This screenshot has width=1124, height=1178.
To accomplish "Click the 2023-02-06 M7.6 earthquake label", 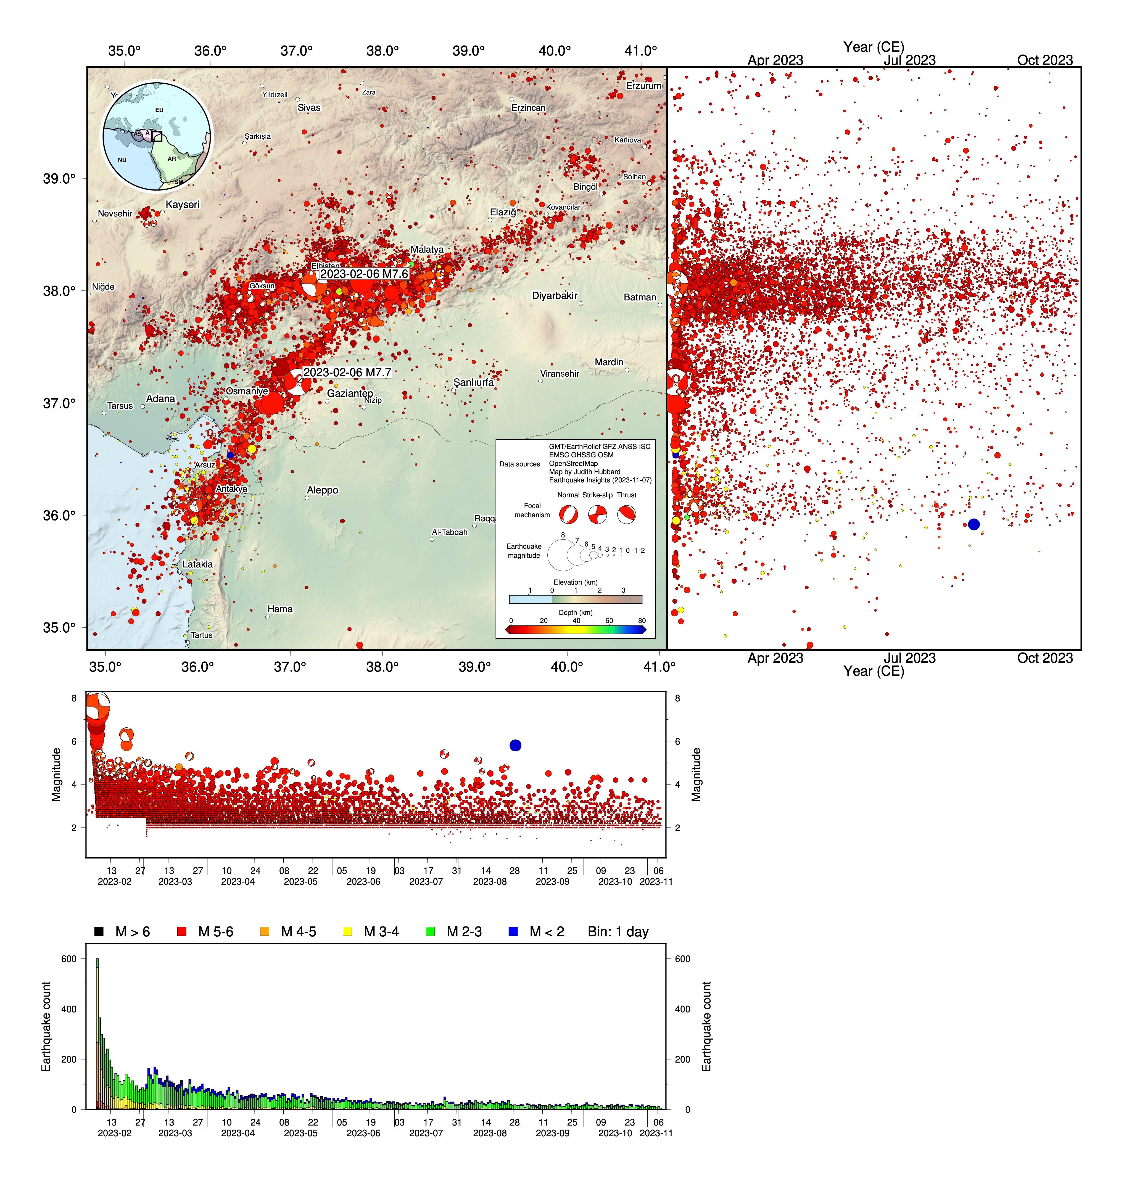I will click(x=364, y=274).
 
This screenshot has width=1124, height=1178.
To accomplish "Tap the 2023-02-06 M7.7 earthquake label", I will click(x=347, y=372).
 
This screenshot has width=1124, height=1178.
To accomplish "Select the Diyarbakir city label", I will click(x=554, y=295).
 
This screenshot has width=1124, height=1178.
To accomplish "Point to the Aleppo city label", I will click(x=322, y=490).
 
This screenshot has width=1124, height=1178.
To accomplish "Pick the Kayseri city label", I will click(x=183, y=204).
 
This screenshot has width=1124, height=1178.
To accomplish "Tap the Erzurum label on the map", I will click(x=643, y=86).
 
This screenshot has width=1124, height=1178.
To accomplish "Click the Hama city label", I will click(x=280, y=609).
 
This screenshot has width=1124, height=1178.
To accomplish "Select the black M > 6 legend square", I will click(x=99, y=932).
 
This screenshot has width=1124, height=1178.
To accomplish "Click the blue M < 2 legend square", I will click(x=513, y=932).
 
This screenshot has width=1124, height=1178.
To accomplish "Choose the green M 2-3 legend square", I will click(x=430, y=932).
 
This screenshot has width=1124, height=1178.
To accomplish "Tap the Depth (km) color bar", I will click(x=576, y=630).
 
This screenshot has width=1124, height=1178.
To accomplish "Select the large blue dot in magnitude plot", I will click(x=515, y=745).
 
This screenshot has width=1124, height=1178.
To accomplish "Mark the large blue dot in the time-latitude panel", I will click(x=973, y=524).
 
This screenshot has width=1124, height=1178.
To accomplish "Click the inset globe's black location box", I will click(x=157, y=137).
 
